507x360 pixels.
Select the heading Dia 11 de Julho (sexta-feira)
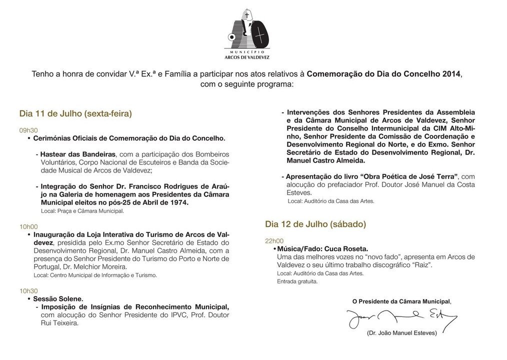click(x=75, y=113)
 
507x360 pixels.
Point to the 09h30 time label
click(x=28, y=130)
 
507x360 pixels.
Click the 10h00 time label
click(x=28, y=226)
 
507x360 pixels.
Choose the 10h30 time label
click(x=28, y=290)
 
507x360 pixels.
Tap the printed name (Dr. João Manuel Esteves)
click(x=401, y=333)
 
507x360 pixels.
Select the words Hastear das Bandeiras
click(x=78, y=154)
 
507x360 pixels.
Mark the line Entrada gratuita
click(x=297, y=281)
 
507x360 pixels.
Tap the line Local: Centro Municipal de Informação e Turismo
click(x=95, y=275)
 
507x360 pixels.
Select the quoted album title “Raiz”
click(x=421, y=264)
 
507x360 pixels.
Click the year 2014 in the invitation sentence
click(x=451, y=73)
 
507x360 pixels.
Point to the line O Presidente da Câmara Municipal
click(x=401, y=301)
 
